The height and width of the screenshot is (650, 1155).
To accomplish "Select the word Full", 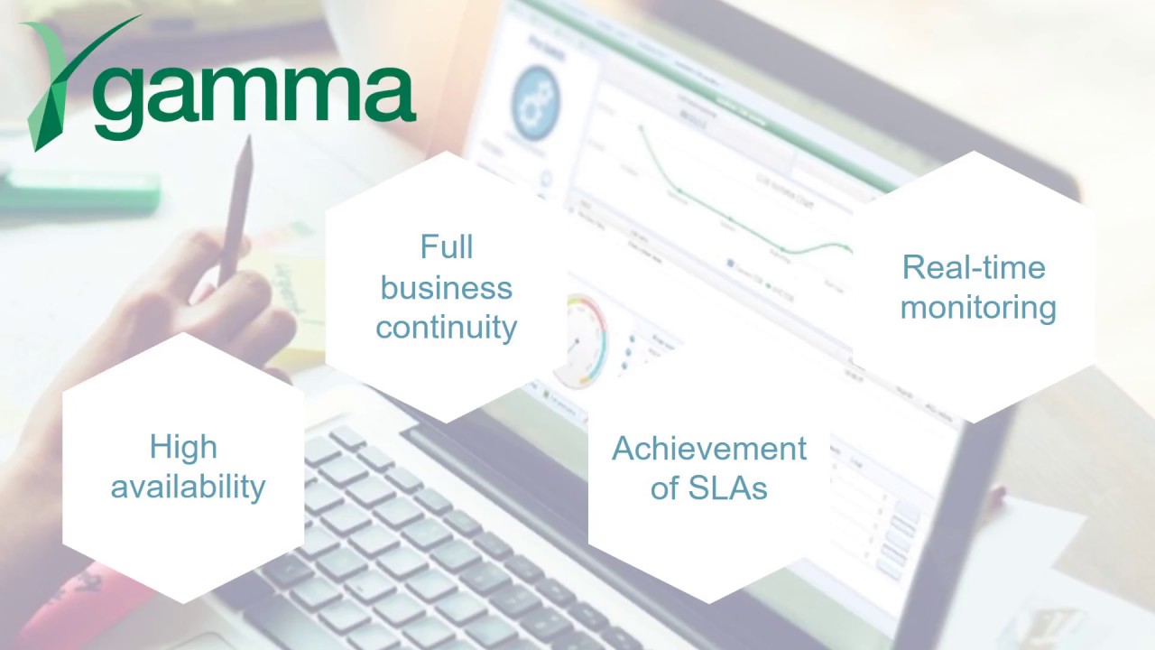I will click(446, 247).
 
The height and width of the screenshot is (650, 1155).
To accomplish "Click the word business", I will click(446, 288).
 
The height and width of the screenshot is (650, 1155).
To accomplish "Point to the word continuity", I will click(446, 327).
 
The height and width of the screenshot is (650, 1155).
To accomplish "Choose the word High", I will click(183, 447).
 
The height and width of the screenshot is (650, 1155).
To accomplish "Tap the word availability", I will click(188, 487).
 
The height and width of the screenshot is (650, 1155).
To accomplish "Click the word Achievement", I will click(709, 449).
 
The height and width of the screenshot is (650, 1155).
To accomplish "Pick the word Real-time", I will click(974, 267).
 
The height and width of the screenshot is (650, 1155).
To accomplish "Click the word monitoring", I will click(978, 307).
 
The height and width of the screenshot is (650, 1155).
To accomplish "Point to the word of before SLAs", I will click(665, 488).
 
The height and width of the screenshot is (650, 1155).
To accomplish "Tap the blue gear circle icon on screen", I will click(535, 104).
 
